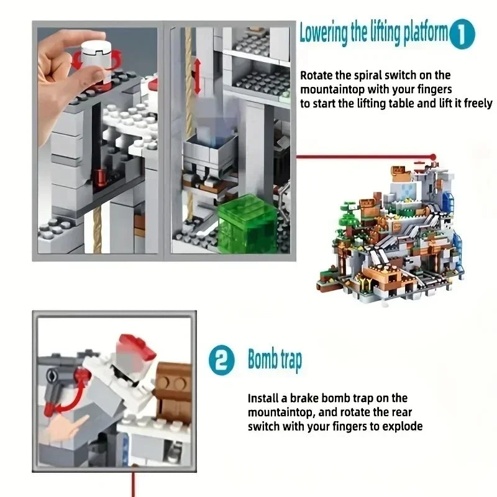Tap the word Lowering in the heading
tap(323, 33)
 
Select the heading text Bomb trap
tap(275, 360)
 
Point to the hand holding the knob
tap(65, 81)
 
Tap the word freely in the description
tap(478, 103)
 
